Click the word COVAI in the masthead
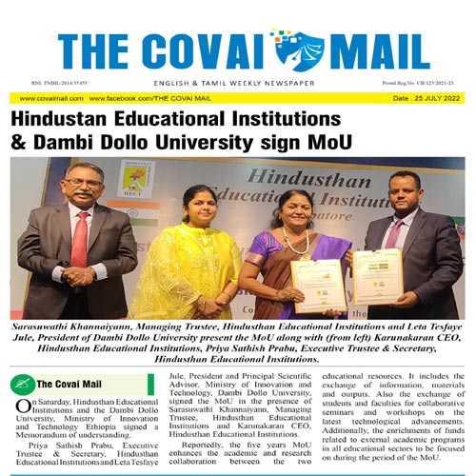click(208, 50)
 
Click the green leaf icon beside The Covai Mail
click(24, 386)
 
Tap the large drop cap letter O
click(21, 408)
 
